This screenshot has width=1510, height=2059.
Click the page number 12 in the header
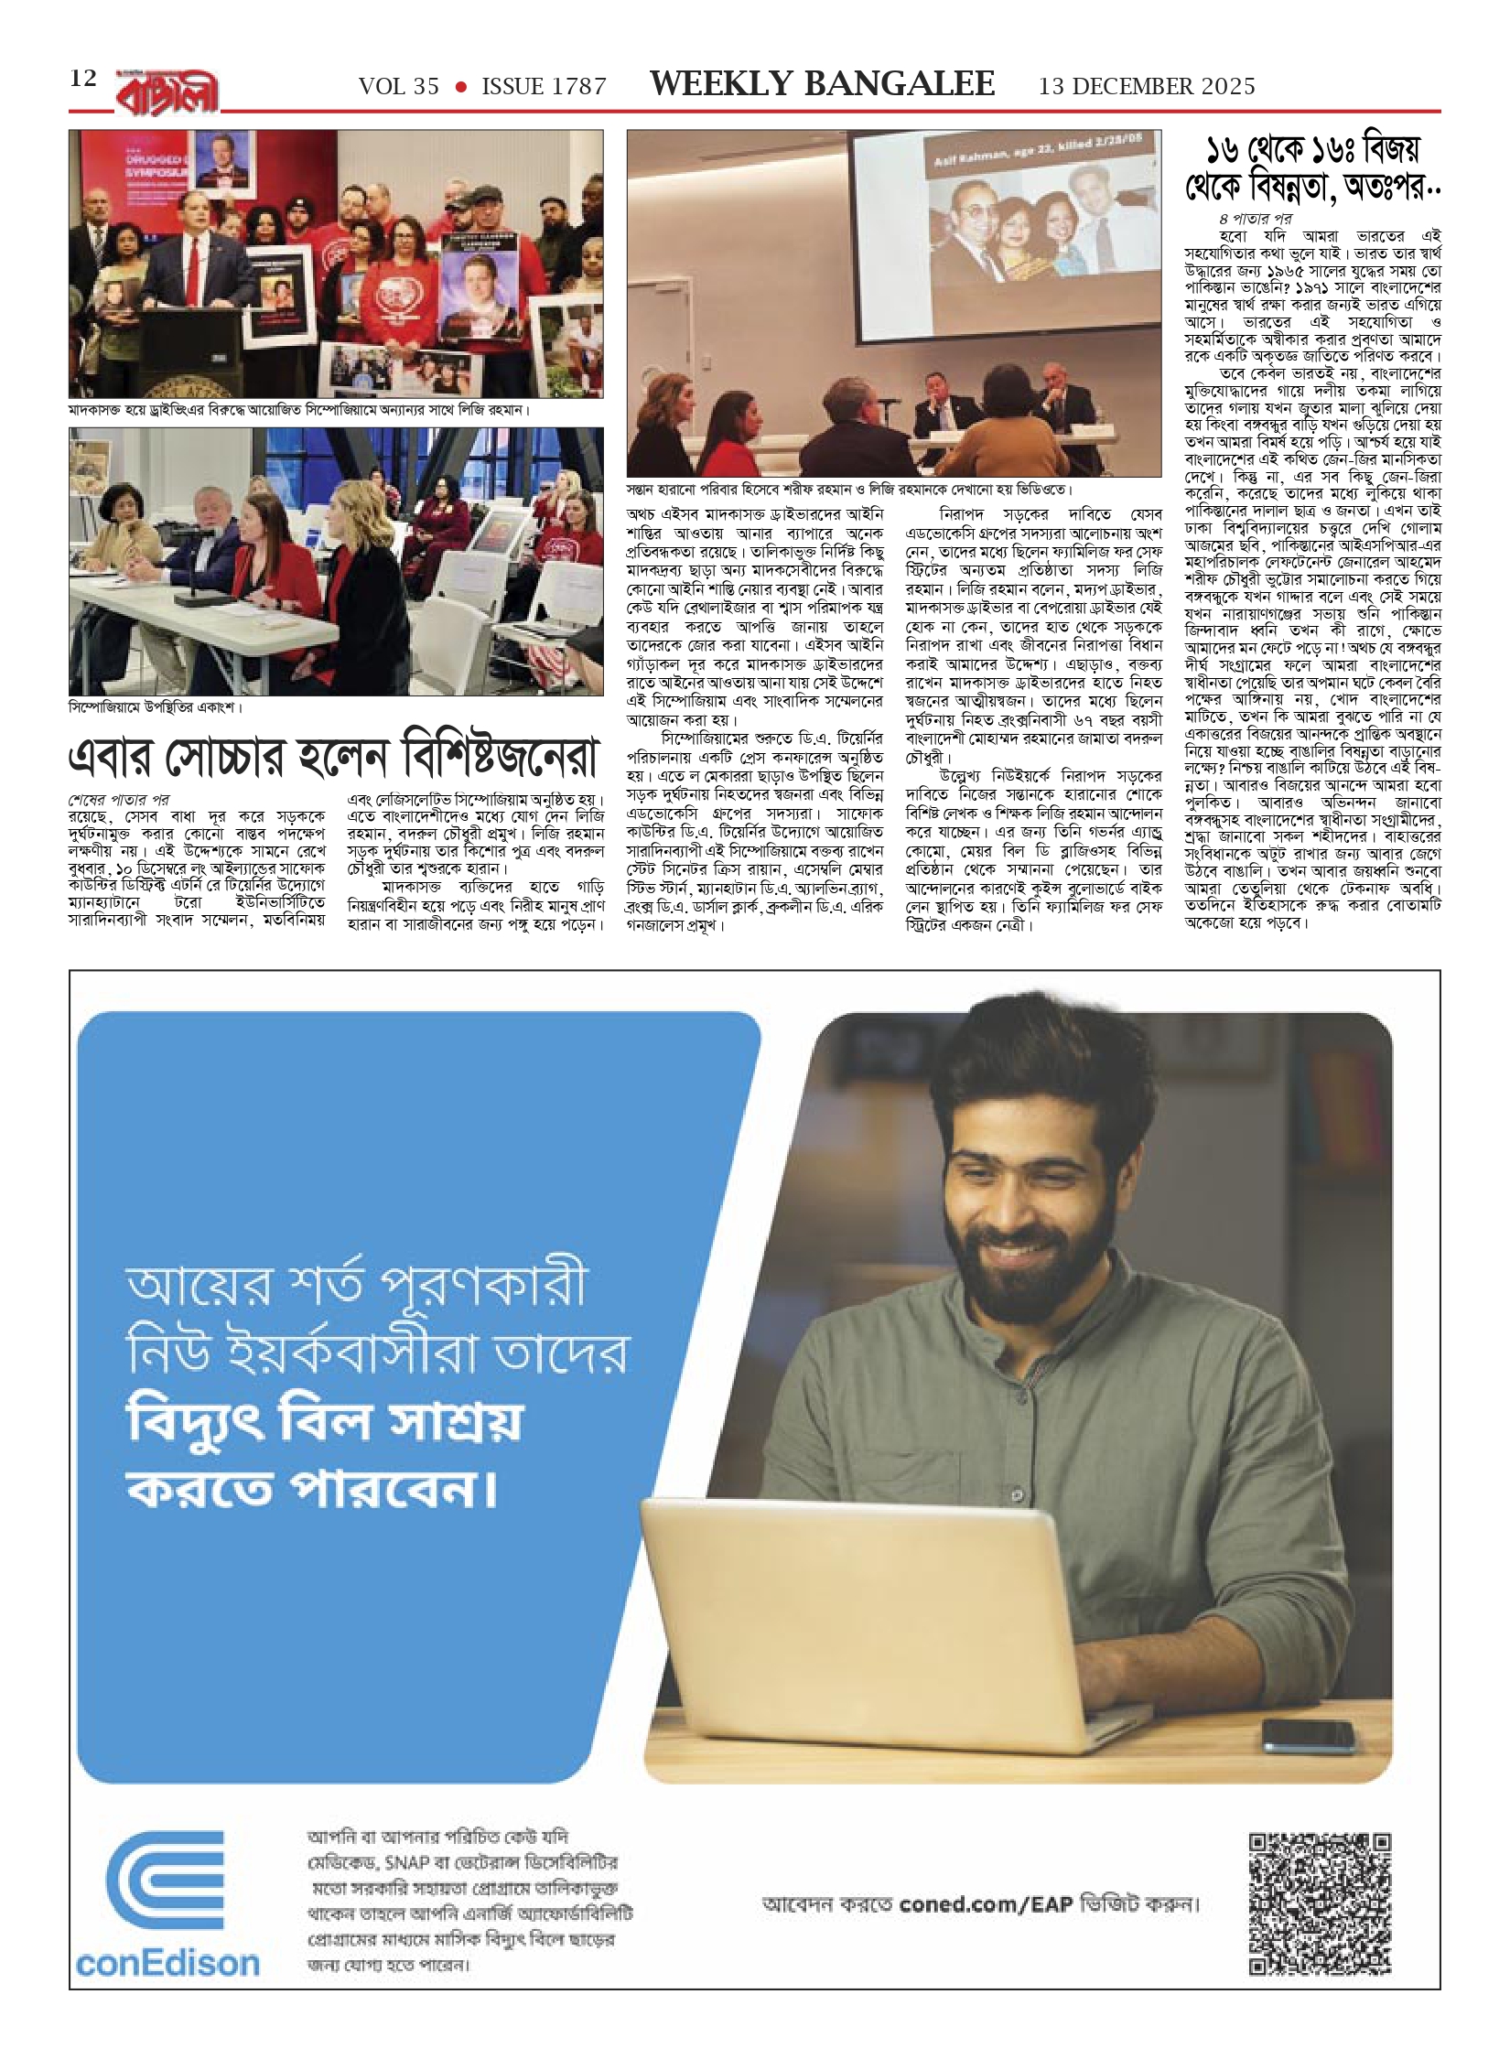[83, 79]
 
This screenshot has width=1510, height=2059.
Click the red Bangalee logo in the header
[168, 92]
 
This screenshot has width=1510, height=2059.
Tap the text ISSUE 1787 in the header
[544, 87]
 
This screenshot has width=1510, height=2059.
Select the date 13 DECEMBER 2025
[1147, 87]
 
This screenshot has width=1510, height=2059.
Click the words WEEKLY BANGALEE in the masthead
[822, 84]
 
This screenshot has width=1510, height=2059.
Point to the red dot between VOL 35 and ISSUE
[461, 88]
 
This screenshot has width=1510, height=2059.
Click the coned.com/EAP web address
[973, 1903]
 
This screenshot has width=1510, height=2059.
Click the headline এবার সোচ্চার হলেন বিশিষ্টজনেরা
[334, 758]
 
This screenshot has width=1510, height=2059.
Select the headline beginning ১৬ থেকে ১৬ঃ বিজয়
[1312, 168]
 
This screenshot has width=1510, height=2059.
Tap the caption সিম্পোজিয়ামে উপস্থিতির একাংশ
[156, 707]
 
